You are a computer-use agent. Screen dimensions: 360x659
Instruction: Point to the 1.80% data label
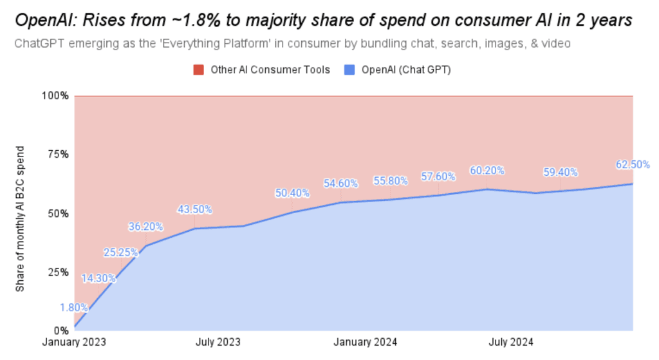pos(74,308)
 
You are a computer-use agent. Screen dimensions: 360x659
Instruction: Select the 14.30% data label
pos(98,278)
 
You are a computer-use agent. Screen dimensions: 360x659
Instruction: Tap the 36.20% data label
pos(145,227)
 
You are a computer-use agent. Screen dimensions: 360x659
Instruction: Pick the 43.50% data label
pos(195,209)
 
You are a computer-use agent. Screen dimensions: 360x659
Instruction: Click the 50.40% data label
pos(293,193)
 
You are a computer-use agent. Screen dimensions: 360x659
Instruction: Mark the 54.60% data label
pos(341,184)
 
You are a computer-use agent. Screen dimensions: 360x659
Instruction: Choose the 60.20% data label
pos(487,171)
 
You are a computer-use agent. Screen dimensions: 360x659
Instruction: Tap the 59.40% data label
pos(561,173)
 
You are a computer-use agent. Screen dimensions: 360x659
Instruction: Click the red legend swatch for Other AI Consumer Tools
pos(200,70)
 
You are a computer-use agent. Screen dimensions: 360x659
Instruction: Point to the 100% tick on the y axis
pos(56,96)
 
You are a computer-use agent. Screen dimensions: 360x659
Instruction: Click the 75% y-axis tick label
pos(59,155)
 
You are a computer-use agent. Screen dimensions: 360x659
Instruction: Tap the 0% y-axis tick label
pos(61,331)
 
